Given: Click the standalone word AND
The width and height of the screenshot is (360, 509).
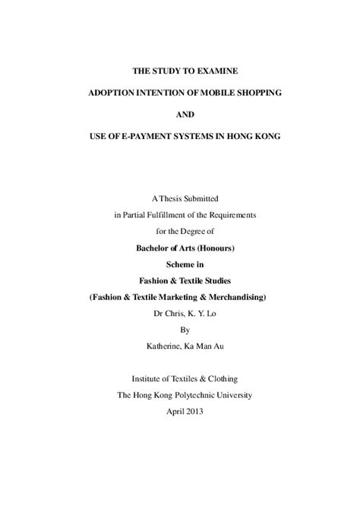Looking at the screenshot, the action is pos(180,114).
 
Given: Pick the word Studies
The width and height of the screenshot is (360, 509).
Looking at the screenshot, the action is pos(216,278).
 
